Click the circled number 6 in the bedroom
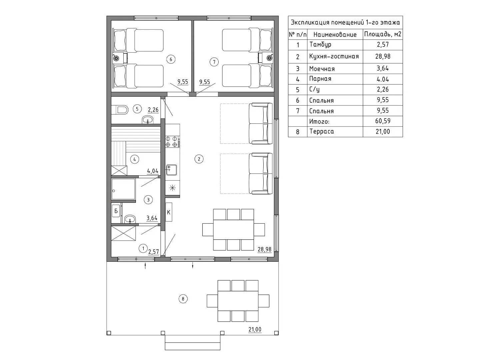tap(171, 59)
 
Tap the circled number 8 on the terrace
tap(183, 299)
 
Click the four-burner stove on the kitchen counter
tap(173, 141)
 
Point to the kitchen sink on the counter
tap(172, 170)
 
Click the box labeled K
tap(169, 212)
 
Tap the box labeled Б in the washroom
tap(116, 211)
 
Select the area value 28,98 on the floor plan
tap(264, 249)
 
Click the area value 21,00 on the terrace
tap(255, 329)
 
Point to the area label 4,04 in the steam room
tap(153, 171)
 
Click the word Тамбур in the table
tap(320, 45)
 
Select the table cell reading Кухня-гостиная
tap(334, 56)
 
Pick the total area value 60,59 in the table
tap(383, 121)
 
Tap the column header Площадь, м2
tap(383, 34)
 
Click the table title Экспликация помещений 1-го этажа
tap(345, 22)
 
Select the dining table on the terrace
tap(238, 301)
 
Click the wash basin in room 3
tap(130, 219)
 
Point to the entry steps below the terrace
tap(192, 343)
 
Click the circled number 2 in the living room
tap(199, 159)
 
